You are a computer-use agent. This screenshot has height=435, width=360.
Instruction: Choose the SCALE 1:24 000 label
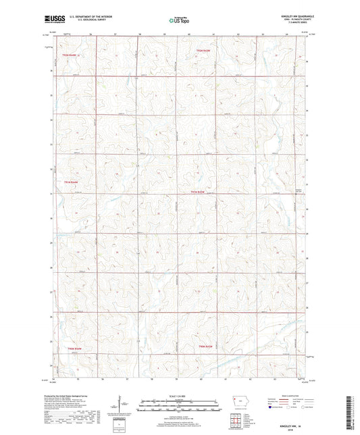point(179,395)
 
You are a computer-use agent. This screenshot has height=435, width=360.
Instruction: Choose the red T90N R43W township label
point(206,347)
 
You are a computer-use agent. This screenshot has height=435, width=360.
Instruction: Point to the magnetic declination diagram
point(121,405)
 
